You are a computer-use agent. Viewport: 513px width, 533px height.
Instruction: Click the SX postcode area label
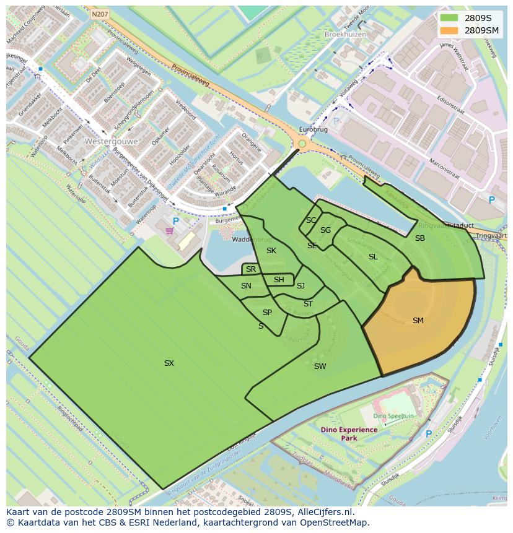click(x=169, y=363)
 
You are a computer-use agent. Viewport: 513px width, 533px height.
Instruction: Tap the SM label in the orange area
click(x=418, y=321)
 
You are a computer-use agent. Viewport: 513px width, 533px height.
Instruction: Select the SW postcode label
click(x=320, y=366)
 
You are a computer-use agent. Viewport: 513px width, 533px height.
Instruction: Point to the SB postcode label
click(x=420, y=238)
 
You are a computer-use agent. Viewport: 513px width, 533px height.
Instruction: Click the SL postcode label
click(x=373, y=257)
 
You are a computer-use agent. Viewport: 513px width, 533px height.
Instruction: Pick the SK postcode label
click(x=271, y=251)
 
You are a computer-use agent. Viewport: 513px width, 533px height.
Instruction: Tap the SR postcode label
click(x=251, y=269)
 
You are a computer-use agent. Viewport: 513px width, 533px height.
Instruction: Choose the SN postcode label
click(x=246, y=286)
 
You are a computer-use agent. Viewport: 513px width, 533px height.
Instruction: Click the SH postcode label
click(x=279, y=280)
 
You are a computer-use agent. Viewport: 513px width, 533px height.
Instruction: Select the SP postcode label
click(x=267, y=313)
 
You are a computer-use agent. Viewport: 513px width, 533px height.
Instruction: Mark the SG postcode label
click(x=325, y=230)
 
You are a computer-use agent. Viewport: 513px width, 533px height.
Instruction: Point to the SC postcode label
click(x=311, y=220)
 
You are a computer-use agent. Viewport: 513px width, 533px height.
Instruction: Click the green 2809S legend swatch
click(x=449, y=18)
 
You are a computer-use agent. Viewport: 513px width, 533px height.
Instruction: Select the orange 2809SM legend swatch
click(x=449, y=30)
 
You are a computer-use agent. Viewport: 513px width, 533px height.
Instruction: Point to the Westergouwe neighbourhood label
click(x=112, y=141)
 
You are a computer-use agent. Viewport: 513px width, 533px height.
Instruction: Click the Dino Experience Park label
click(x=349, y=433)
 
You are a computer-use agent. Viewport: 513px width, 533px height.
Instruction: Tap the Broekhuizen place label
click(x=345, y=35)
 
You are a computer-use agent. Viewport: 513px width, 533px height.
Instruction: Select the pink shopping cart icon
click(x=170, y=232)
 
